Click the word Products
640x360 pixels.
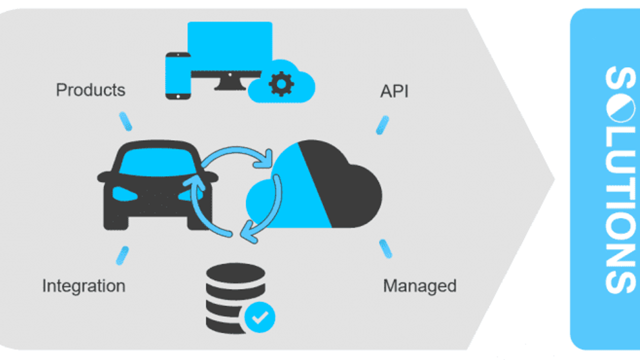click(x=90, y=90)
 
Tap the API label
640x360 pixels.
click(x=394, y=91)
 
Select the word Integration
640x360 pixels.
click(x=83, y=286)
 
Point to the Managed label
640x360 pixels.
click(x=419, y=286)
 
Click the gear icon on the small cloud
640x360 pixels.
click(x=281, y=83)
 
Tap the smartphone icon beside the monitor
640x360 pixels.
click(x=177, y=75)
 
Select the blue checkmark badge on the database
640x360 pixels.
click(x=259, y=316)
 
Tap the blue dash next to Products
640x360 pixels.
click(x=125, y=121)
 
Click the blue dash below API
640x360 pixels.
click(x=382, y=125)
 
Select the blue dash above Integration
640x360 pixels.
click(x=122, y=255)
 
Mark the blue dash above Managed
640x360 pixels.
click(x=385, y=248)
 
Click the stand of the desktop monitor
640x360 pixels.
click(x=229, y=85)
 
